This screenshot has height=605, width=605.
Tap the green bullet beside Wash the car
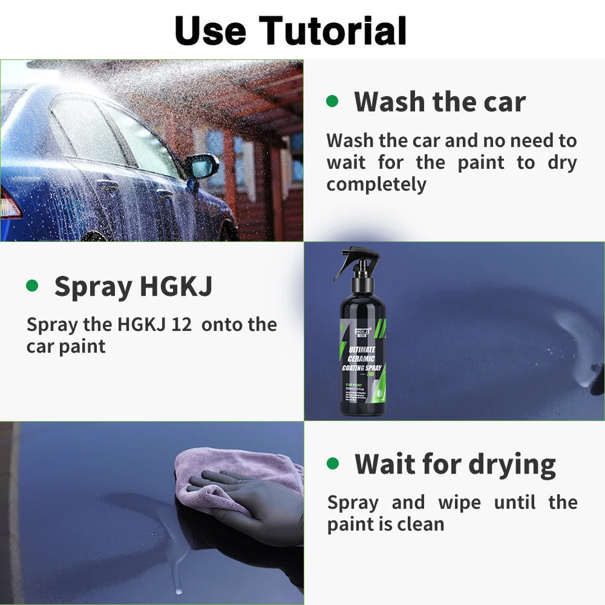[x=332, y=101]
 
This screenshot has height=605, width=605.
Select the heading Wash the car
[x=440, y=101]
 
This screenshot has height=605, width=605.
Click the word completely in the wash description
[x=376, y=185]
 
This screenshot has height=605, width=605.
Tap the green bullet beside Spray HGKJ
[x=32, y=286]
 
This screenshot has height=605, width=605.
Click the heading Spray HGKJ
[x=133, y=286]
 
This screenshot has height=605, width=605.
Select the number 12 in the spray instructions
[x=181, y=325]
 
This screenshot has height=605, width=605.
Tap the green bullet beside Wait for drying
[x=333, y=464]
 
